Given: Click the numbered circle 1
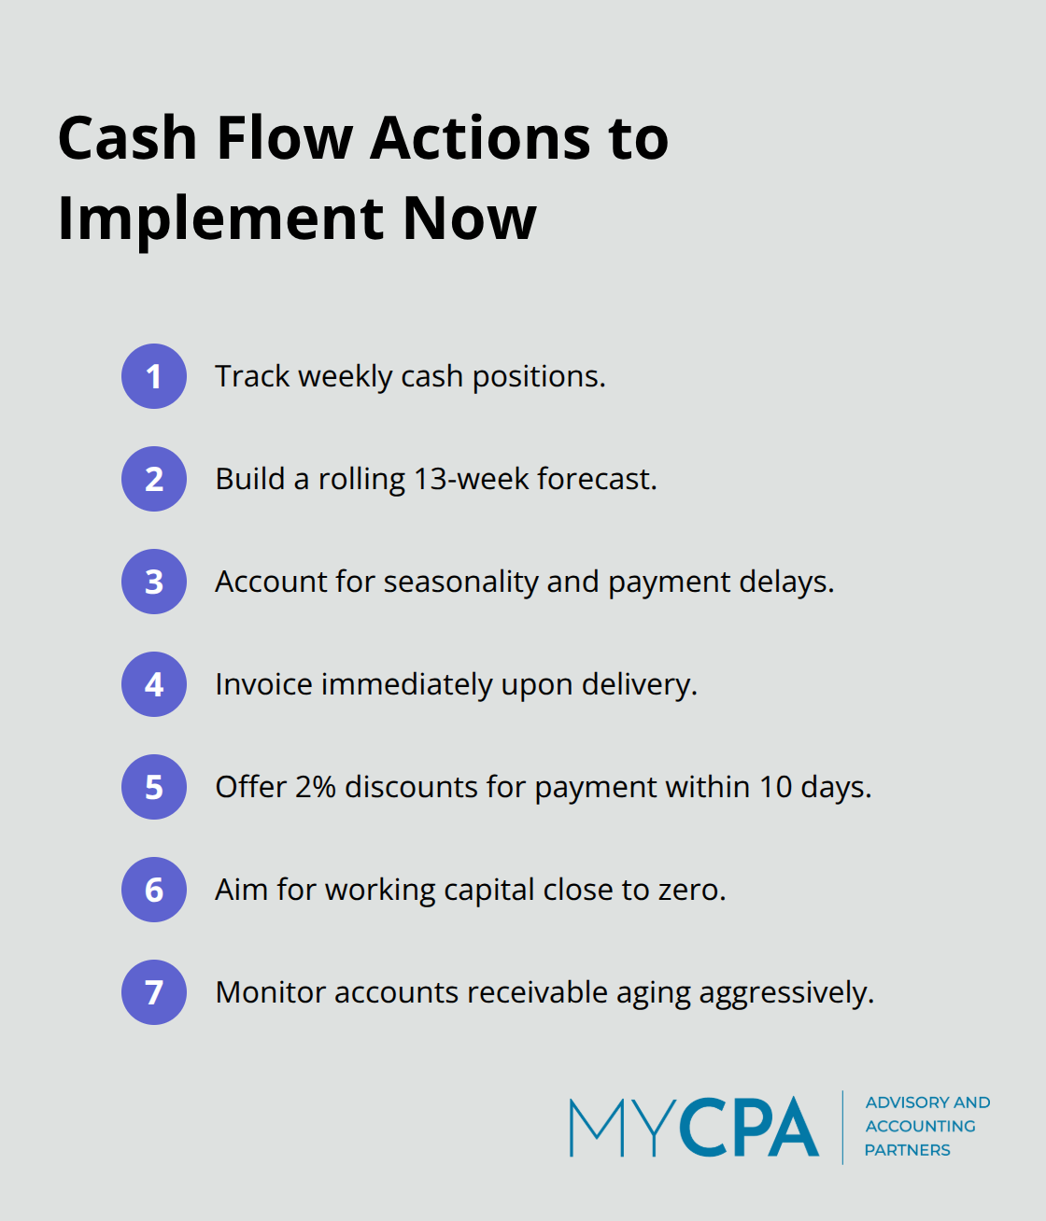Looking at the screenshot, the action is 154,376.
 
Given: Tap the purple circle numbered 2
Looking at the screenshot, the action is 154,479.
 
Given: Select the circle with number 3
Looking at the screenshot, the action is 154,582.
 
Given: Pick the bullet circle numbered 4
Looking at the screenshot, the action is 154,684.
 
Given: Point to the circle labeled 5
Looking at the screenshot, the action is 154,787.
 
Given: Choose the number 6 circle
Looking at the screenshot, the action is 154,890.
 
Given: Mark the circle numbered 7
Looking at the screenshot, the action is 154,992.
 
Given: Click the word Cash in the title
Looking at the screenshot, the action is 127,138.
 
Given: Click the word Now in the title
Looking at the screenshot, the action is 470,219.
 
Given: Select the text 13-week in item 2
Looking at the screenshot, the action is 472,479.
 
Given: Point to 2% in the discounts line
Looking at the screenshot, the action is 316,788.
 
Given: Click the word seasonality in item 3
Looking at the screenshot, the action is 461,582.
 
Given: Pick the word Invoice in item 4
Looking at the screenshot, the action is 263,684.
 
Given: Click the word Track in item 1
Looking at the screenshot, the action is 252,376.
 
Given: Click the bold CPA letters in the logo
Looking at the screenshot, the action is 748,1127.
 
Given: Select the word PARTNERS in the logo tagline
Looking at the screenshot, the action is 907,1150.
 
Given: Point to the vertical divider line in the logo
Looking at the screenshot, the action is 842,1127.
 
